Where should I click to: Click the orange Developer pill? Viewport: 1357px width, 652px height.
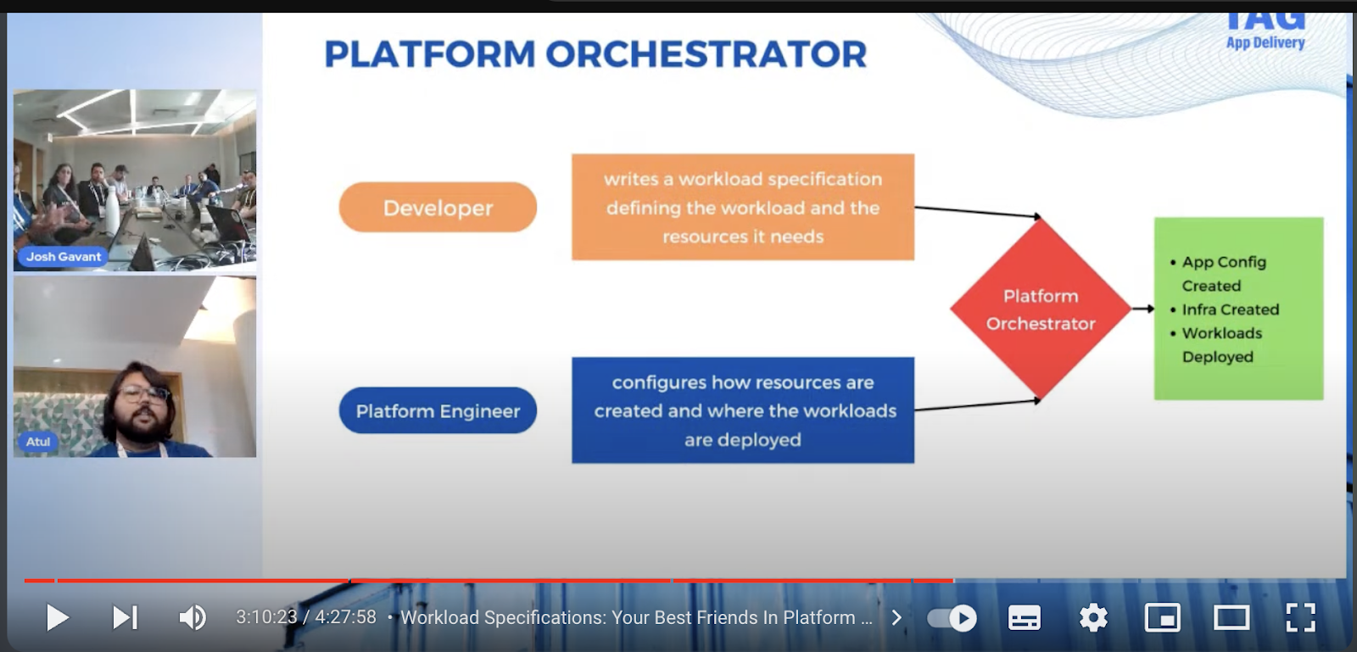(x=438, y=207)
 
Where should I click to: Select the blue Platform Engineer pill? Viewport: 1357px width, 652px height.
(x=438, y=410)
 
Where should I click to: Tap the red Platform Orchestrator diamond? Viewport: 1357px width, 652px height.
(x=1041, y=309)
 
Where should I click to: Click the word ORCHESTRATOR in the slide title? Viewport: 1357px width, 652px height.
(x=706, y=54)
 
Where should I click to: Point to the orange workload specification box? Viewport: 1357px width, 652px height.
(x=742, y=207)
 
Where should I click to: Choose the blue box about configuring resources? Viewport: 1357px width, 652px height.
(x=742, y=410)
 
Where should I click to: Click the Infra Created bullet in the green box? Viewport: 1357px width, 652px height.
(x=1230, y=309)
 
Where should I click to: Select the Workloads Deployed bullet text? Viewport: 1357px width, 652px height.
(x=1221, y=344)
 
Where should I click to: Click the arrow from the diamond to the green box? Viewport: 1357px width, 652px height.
(x=1143, y=309)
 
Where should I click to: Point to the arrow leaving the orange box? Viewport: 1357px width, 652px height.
(x=975, y=211)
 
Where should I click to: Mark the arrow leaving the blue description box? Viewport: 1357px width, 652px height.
(x=975, y=405)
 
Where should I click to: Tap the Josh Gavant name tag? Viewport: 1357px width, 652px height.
(x=63, y=256)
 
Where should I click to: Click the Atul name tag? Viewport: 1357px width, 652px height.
(x=37, y=441)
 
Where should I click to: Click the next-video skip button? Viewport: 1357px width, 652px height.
(x=125, y=617)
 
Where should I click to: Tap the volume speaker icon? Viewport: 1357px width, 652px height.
(x=193, y=617)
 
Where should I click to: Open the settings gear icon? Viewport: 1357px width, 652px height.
(x=1093, y=617)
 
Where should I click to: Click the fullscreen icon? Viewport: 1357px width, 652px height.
(x=1300, y=617)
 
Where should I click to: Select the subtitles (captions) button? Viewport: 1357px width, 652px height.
(x=1024, y=617)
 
